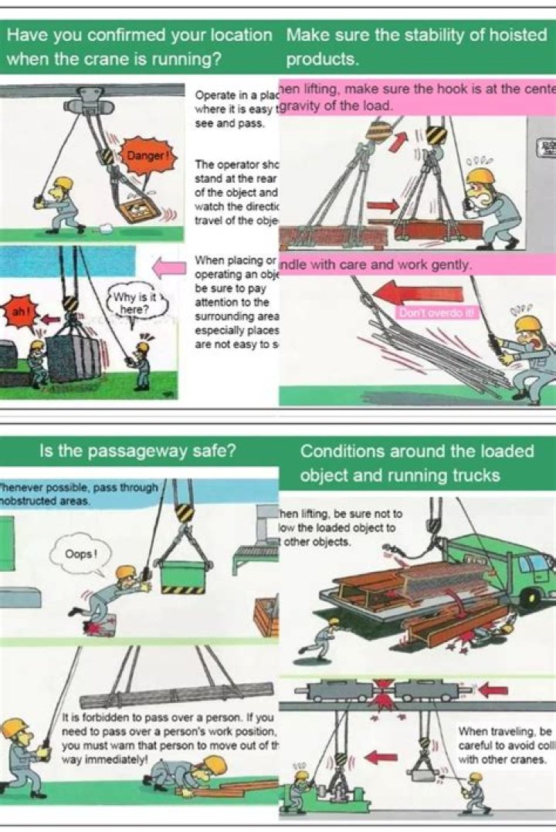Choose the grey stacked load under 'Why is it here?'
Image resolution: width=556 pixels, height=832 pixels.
[74, 358]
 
